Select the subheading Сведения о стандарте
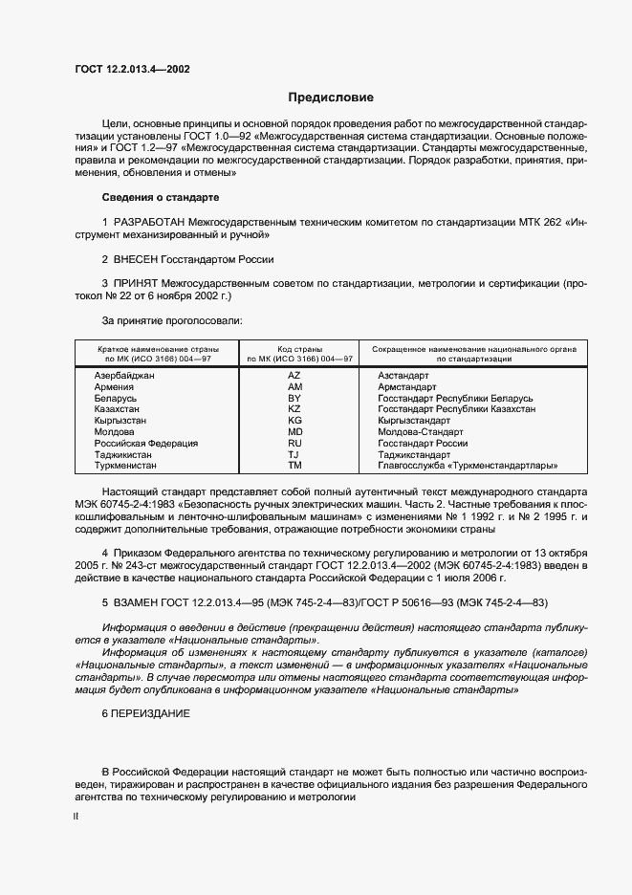(x=161, y=197)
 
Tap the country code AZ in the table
(x=294, y=376)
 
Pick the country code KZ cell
(x=294, y=409)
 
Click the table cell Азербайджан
(x=124, y=376)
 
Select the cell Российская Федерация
(x=146, y=444)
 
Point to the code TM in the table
(x=294, y=466)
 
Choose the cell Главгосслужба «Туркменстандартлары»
(x=468, y=466)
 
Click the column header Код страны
(x=299, y=349)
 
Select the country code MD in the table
(x=294, y=432)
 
